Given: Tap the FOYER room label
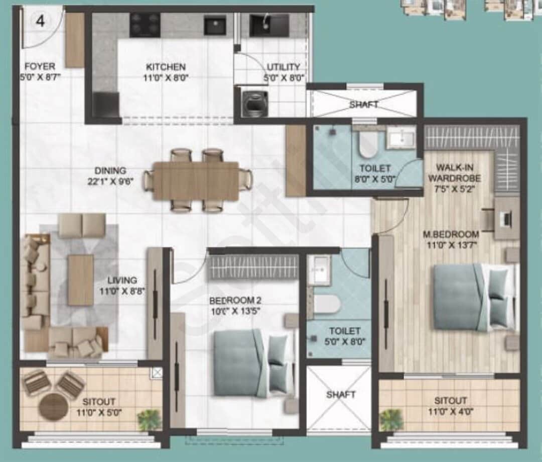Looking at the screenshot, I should coord(40,66).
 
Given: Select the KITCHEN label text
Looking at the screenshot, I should coord(166,67).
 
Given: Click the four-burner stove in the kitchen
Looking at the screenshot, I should coord(145,25).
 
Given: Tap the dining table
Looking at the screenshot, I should coord(196,180).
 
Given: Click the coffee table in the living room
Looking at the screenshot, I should coord(81,280).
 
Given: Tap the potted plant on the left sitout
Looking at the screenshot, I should coord(149,420).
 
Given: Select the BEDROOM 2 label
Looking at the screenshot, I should coord(235,301).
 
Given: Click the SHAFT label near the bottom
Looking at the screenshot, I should coord(341,395).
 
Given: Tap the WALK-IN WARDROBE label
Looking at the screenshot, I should coord(458,172).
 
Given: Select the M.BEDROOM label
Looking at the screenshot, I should coord(450,234).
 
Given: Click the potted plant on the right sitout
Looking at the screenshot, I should coord(391,419).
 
